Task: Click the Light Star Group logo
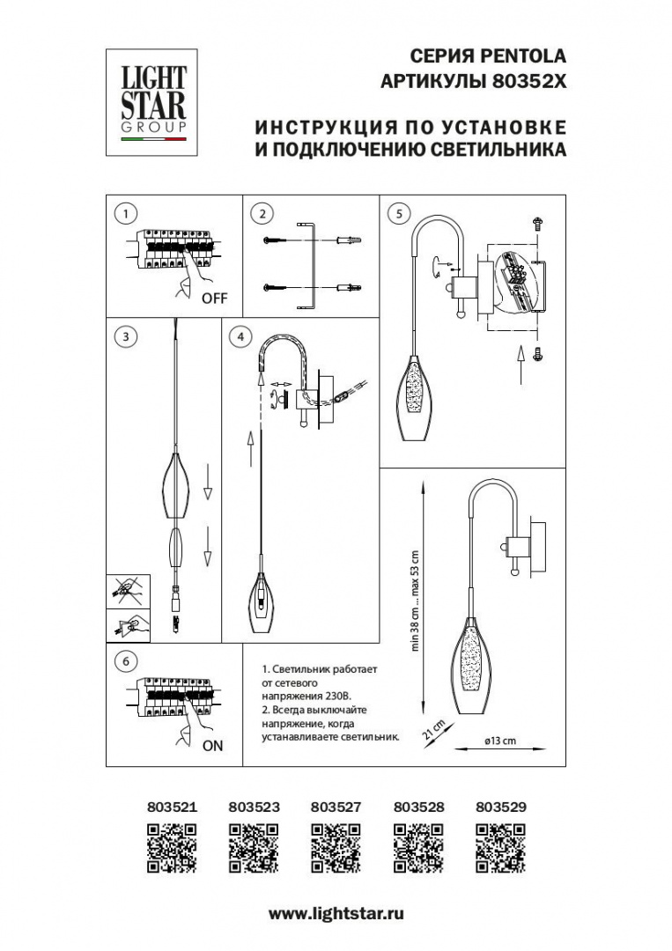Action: click(153, 102)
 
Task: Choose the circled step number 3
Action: click(127, 336)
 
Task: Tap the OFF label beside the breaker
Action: click(214, 299)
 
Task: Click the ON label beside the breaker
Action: click(212, 746)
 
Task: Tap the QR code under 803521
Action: click(171, 847)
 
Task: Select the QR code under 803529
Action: click(500, 847)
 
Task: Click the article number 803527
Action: click(336, 806)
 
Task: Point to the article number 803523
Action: click(254, 806)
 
